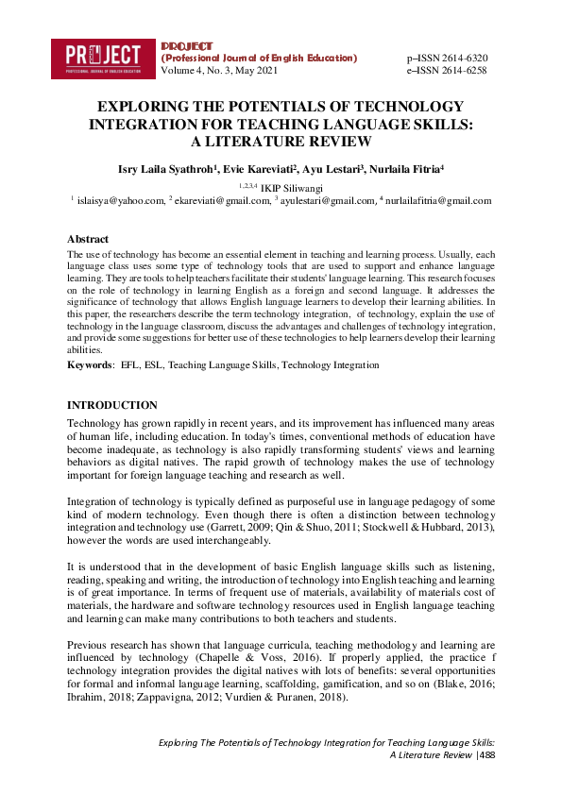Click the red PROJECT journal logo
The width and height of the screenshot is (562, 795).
[103, 58]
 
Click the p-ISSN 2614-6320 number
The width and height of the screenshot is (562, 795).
[447, 58]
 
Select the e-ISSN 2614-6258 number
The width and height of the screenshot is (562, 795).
[447, 71]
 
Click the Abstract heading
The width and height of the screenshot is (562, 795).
[88, 239]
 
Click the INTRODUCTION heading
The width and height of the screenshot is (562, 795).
[112, 405]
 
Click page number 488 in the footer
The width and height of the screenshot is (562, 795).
[485, 755]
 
